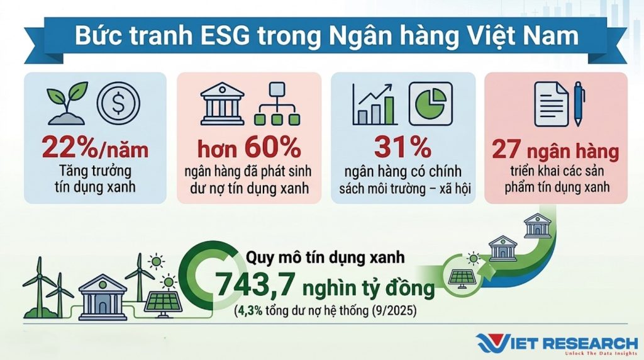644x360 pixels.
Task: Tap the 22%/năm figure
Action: click(95, 147)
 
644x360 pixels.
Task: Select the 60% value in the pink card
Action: click(273, 147)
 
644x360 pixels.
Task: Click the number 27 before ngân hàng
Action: click(506, 150)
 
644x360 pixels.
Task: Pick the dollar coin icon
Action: click(118, 103)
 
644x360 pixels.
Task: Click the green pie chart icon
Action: click(431, 103)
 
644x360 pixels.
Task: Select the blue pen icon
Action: click(579, 103)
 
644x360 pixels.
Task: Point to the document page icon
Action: click(551, 104)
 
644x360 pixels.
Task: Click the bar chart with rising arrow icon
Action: click(374, 104)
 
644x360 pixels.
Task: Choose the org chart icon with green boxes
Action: click(277, 104)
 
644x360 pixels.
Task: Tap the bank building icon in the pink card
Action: click(222, 104)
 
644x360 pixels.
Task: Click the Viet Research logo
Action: click(557, 344)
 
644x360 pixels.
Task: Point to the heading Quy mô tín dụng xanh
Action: click(325, 257)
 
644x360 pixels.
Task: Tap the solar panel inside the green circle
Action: click(460, 278)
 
